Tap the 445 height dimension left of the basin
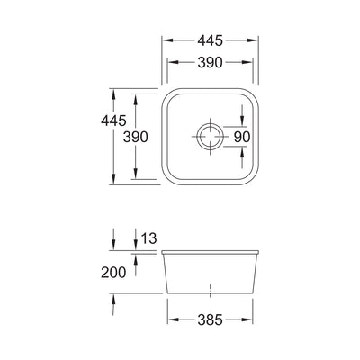pos(96,138)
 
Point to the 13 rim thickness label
pos(149,238)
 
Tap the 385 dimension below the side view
pos(209,318)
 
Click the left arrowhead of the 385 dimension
pos(171,318)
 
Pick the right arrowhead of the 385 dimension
pos(249,318)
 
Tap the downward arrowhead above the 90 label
pos(243,123)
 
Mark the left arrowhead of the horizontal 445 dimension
pos(165,41)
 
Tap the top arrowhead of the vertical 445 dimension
pos(113,92)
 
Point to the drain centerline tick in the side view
pos(210,292)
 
